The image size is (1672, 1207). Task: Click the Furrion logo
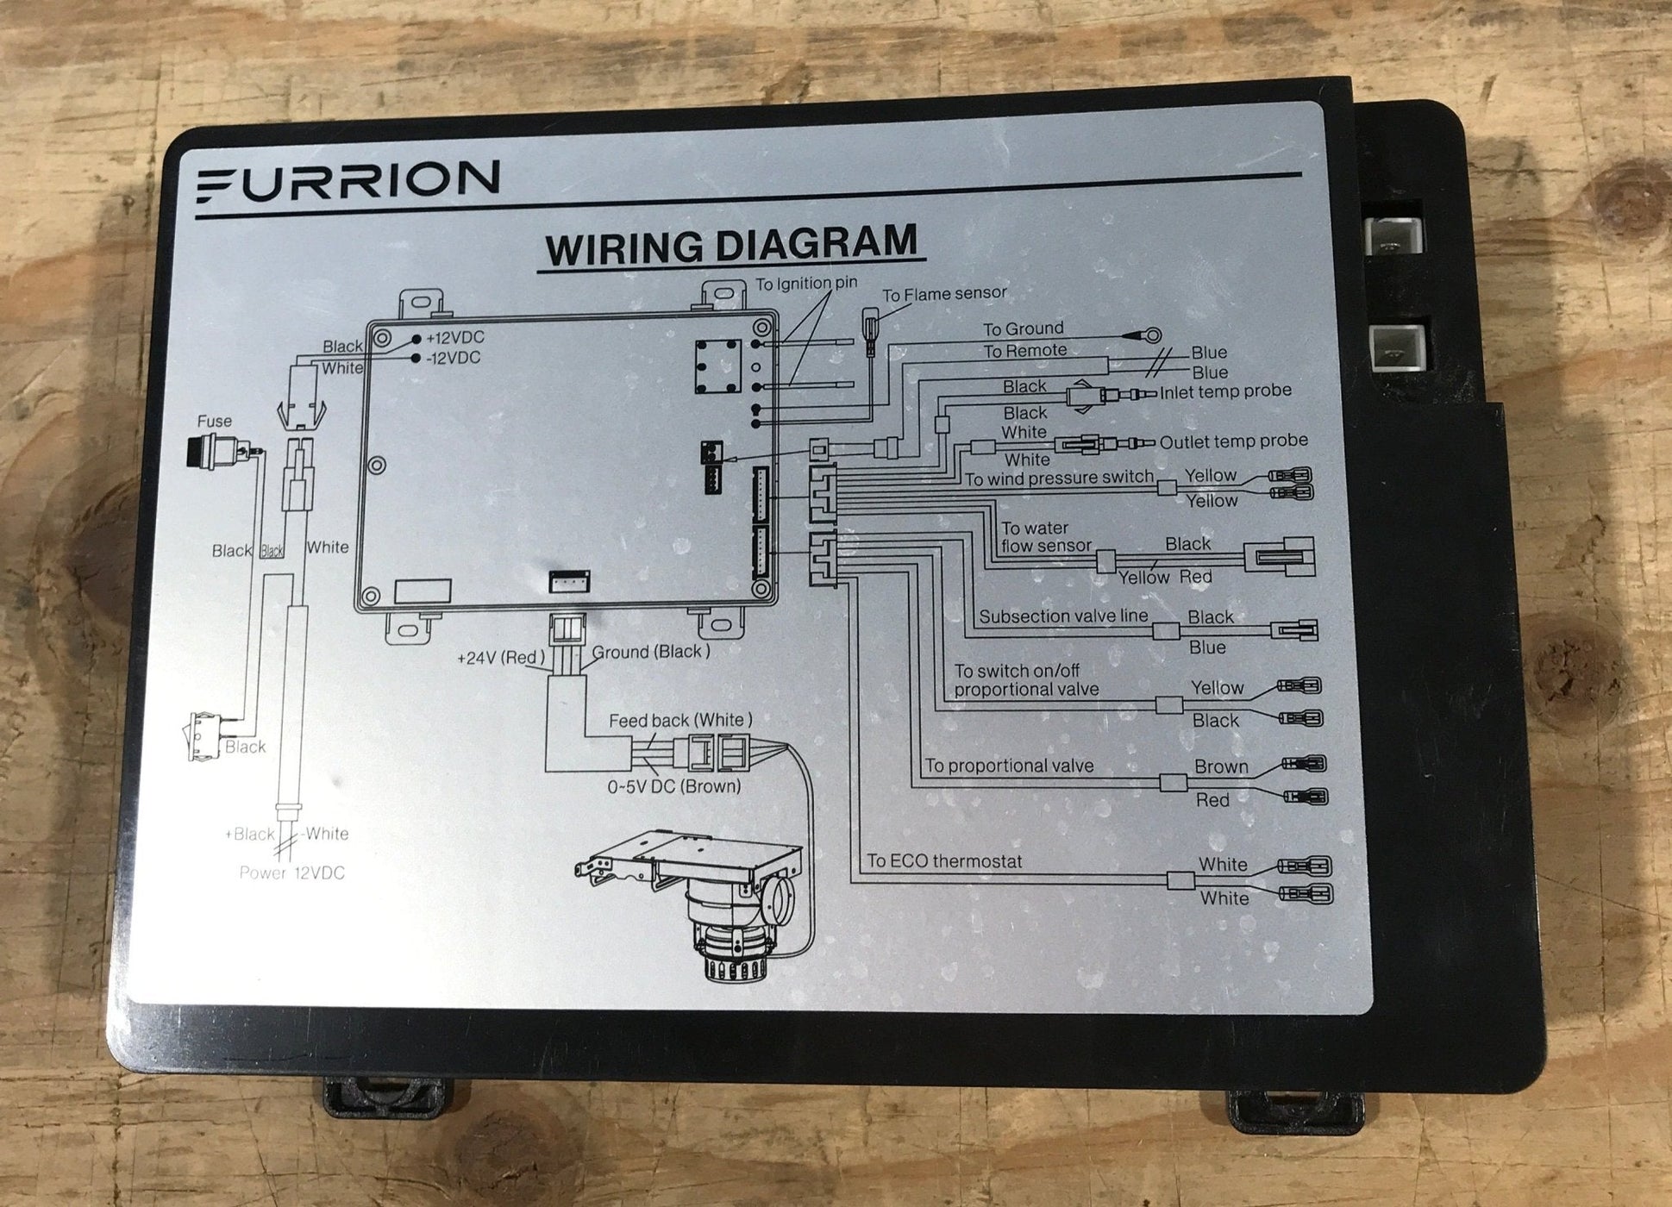(x=348, y=181)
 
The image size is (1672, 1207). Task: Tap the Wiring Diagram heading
(x=731, y=245)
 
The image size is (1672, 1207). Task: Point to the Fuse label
(x=214, y=422)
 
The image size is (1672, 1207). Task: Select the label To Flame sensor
(x=943, y=294)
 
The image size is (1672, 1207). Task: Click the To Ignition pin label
(x=806, y=284)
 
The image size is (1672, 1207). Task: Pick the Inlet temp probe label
(x=1225, y=391)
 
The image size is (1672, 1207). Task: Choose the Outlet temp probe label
(x=1233, y=441)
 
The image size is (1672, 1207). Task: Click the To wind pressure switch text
(x=1058, y=478)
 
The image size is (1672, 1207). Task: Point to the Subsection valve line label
(x=1063, y=616)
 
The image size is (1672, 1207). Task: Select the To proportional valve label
(x=1009, y=766)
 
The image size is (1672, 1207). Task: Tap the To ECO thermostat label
(x=944, y=860)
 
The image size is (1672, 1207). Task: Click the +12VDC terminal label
(x=454, y=338)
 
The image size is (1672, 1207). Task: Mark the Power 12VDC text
(x=291, y=872)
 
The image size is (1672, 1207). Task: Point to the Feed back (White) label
(x=680, y=720)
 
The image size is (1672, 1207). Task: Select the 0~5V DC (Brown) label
(x=673, y=786)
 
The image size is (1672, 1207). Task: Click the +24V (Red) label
(x=501, y=658)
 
